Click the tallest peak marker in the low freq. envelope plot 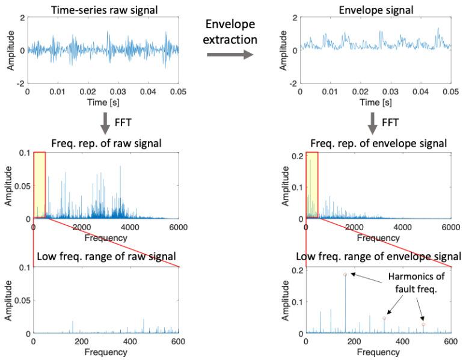point(345,275)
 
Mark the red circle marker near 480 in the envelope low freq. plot point(423,324)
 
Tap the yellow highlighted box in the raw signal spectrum point(39,185)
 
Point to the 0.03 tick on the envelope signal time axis point(393,93)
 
